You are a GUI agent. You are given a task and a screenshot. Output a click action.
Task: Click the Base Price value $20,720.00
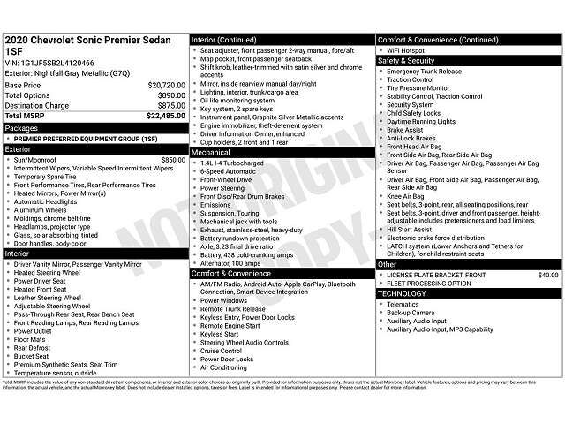click(166, 86)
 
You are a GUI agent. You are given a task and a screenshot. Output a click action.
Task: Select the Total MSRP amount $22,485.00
click(165, 116)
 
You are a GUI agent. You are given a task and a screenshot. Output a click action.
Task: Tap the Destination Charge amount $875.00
click(170, 105)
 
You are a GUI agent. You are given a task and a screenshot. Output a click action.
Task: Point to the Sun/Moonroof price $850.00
click(173, 159)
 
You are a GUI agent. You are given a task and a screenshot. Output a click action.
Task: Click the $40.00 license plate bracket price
click(547, 275)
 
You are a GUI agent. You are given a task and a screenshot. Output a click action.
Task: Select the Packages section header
click(22, 127)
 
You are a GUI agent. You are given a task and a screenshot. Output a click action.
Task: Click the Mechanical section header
click(212, 151)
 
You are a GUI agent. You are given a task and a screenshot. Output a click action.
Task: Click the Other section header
click(388, 264)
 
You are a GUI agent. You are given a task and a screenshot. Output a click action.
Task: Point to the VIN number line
click(49, 64)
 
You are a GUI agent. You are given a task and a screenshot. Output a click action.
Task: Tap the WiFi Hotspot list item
click(405, 50)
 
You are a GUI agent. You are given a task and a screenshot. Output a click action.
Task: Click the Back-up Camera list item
click(411, 312)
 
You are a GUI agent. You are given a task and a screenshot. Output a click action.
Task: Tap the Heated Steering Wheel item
click(47, 273)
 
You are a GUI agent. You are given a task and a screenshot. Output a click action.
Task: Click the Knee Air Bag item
click(404, 195)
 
